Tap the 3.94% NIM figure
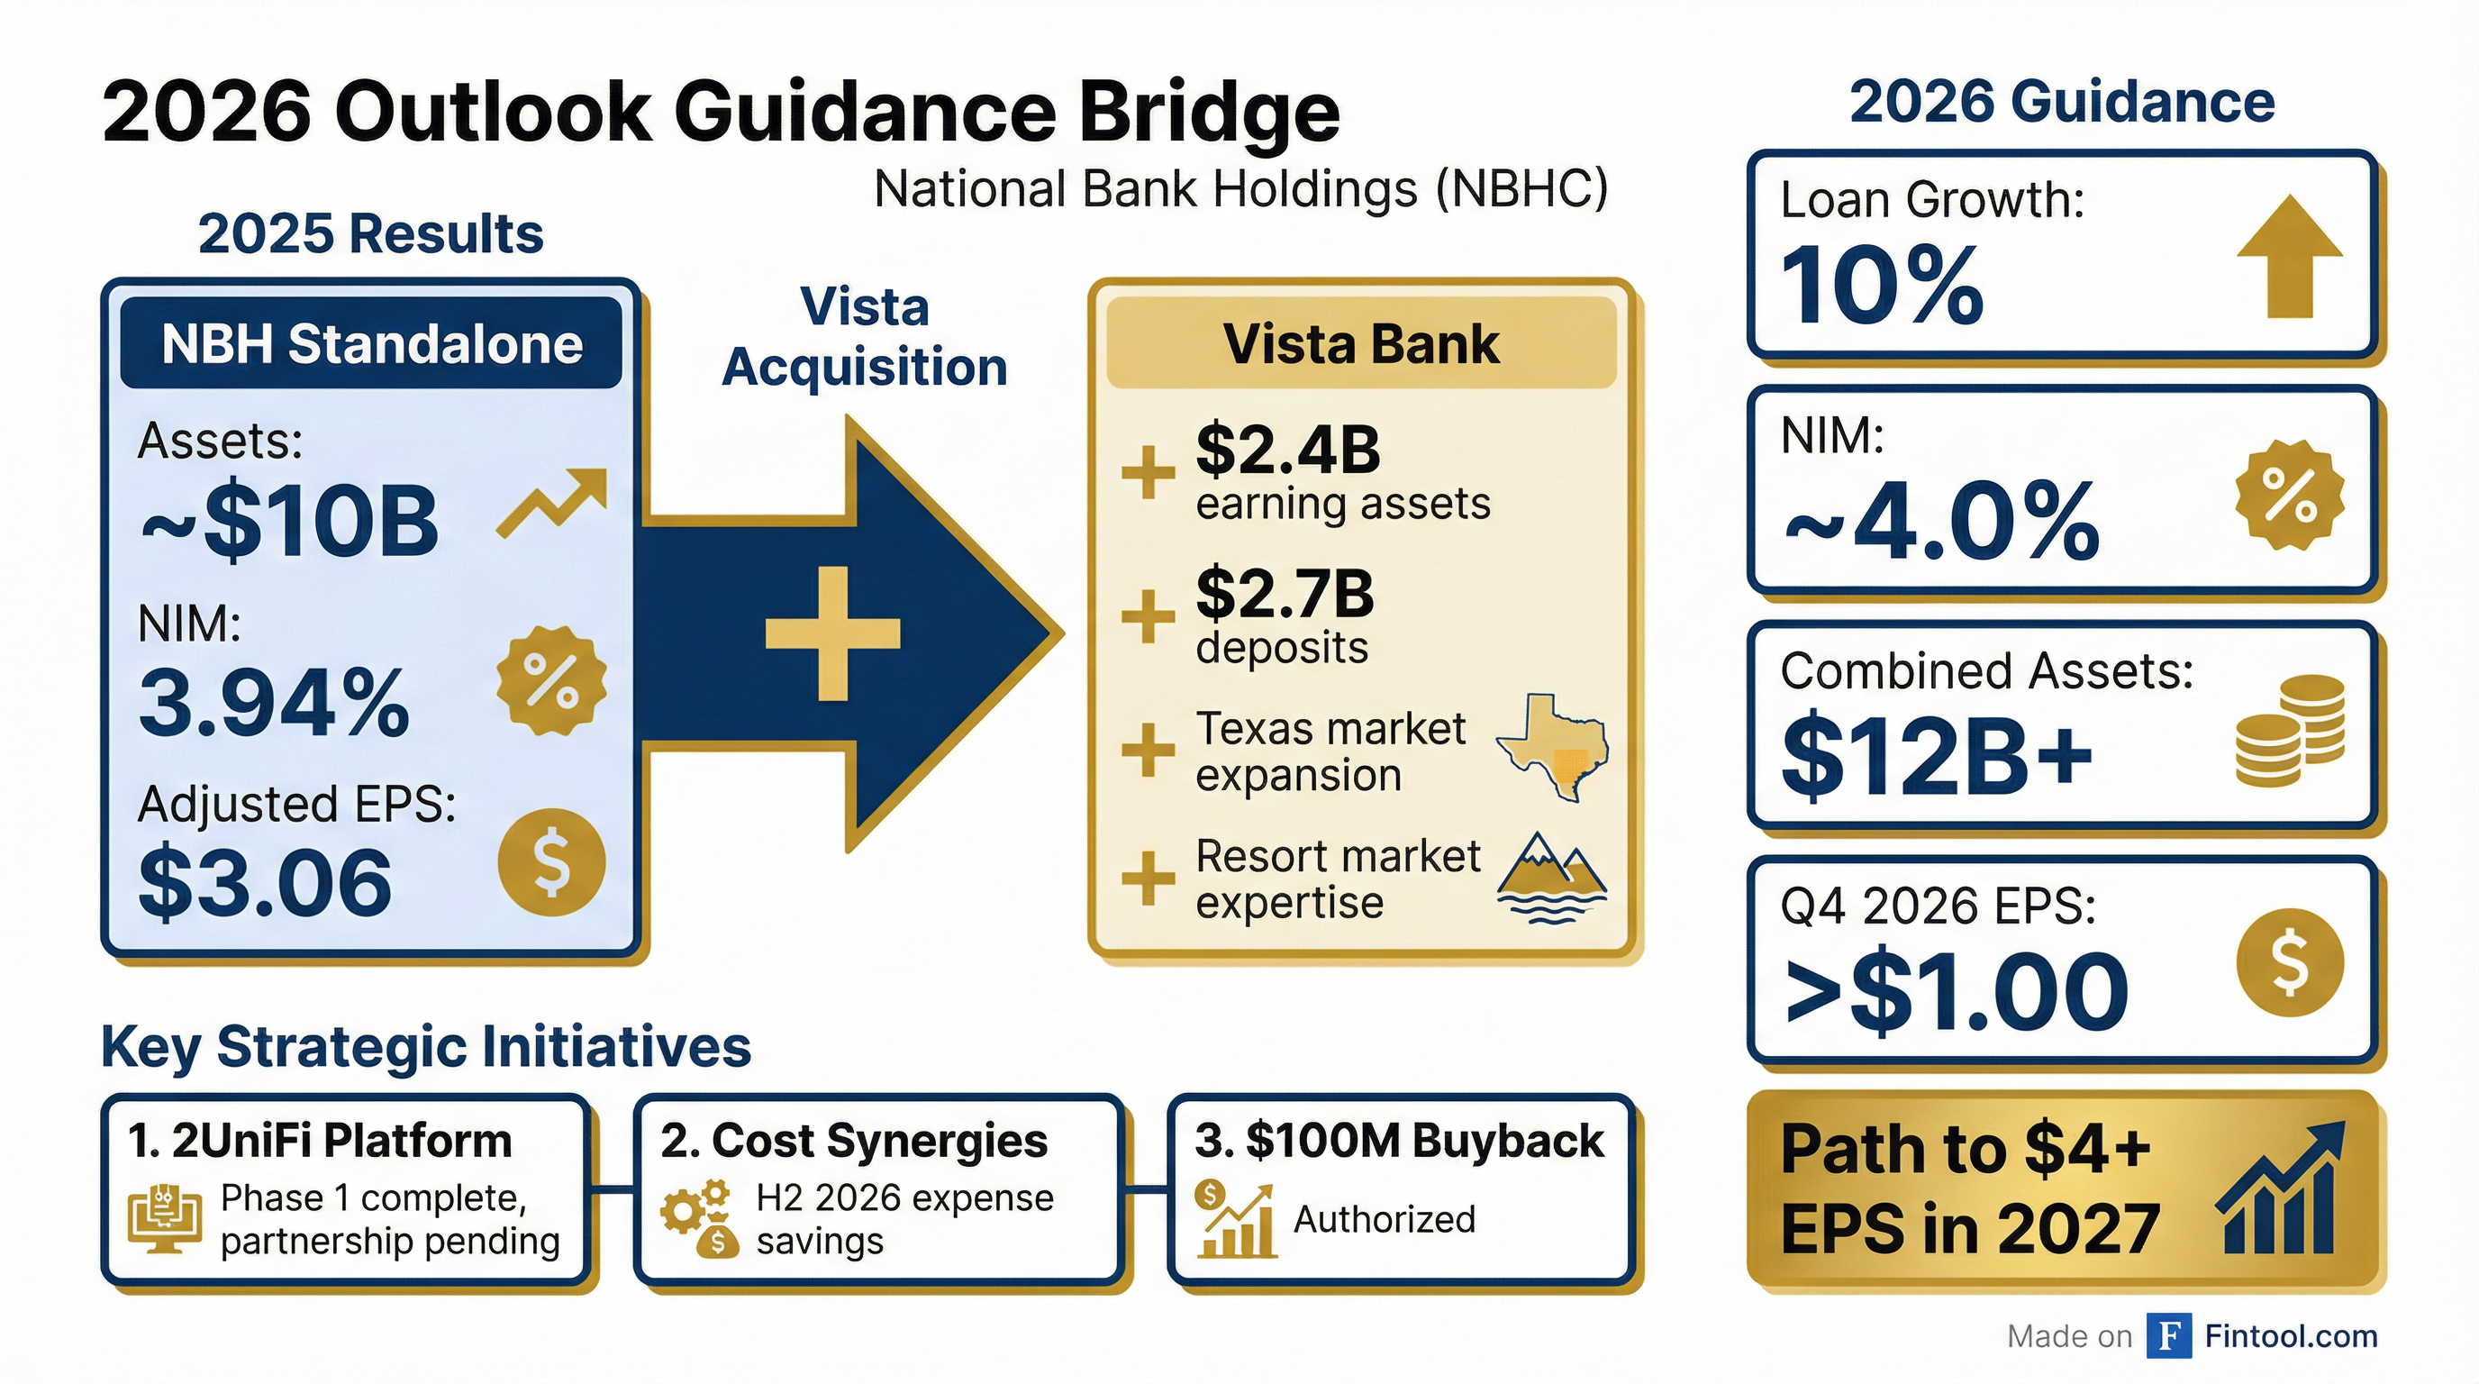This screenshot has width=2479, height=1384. [x=274, y=703]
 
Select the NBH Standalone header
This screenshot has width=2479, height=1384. [x=371, y=343]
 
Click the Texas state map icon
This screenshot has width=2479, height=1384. [x=1551, y=747]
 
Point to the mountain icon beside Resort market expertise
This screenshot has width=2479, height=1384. [x=1551, y=877]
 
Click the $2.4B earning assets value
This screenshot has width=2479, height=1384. [x=1287, y=450]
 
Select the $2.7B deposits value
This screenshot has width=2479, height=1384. [x=1285, y=594]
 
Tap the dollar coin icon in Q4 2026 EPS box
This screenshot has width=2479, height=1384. [x=2290, y=963]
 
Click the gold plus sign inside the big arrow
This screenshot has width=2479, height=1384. [x=832, y=633]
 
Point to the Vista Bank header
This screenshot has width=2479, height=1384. [x=1361, y=343]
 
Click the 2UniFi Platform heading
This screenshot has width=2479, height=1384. [x=321, y=1142]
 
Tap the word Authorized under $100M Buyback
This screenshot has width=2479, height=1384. [x=1384, y=1219]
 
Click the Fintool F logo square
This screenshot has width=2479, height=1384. [x=2169, y=1336]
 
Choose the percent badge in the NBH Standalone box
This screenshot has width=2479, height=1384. [x=551, y=680]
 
